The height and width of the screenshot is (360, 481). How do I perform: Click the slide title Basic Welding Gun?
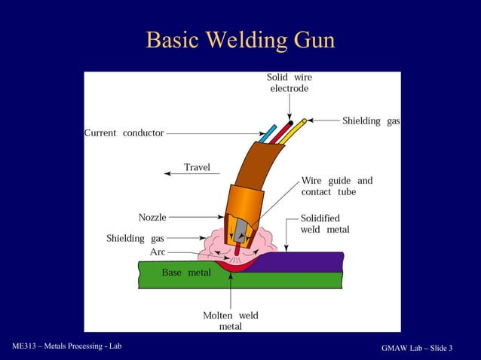(240, 39)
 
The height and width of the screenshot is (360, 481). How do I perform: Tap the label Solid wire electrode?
(289, 83)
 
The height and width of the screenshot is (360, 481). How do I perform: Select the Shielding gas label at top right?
(371, 121)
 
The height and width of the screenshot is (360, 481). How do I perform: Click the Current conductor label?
(124, 133)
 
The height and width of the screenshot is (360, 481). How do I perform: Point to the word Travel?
(198, 167)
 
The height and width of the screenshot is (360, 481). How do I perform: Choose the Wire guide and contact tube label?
(336, 186)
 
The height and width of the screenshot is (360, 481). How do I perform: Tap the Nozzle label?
(152, 218)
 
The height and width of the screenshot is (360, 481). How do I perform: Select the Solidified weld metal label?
(325, 224)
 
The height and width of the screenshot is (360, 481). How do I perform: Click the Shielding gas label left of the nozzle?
(135, 239)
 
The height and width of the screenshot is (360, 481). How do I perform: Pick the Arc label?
(157, 252)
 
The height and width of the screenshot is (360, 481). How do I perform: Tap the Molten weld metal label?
(230, 321)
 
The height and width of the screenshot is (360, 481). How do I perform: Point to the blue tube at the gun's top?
(266, 133)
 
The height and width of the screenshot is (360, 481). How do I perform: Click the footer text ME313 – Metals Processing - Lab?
(66, 346)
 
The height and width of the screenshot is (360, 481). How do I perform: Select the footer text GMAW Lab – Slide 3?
(417, 347)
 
